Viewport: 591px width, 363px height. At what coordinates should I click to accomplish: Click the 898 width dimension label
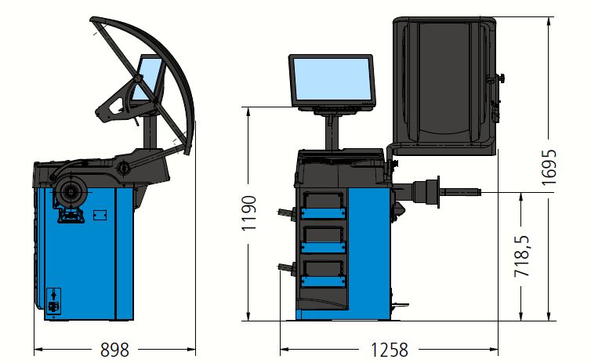[114, 350]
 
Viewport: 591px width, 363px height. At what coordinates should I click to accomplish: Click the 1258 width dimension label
[390, 350]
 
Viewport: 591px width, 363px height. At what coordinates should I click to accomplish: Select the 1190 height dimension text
[249, 213]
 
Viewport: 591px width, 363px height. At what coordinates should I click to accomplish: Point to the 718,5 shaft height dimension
[522, 256]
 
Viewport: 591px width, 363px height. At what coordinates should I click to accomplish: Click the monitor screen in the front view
[332, 79]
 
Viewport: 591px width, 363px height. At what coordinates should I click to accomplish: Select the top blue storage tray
[324, 213]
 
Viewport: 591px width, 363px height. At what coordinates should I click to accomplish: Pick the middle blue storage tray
[324, 247]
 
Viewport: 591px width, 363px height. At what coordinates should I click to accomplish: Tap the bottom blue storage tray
[324, 281]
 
